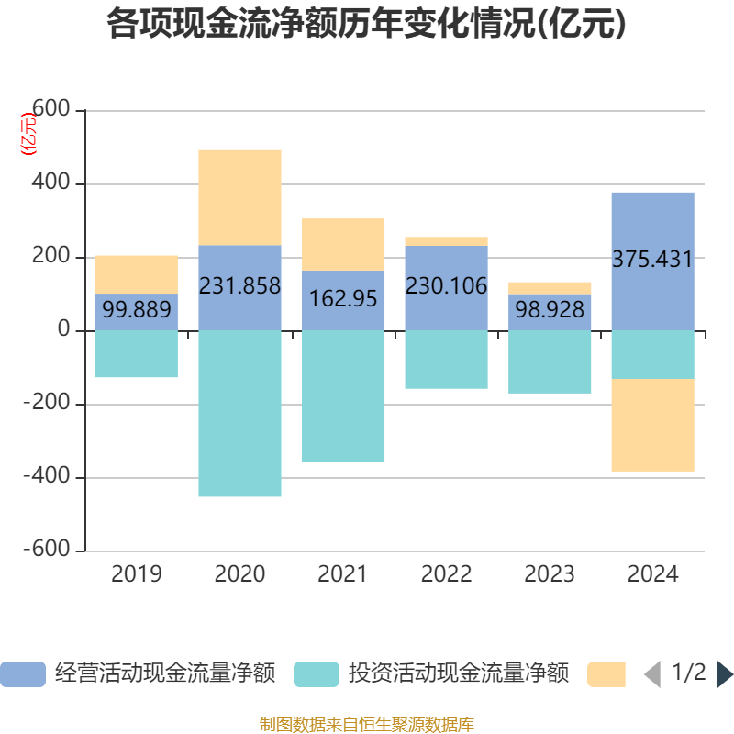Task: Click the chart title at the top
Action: coord(367,25)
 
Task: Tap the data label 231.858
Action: coord(239,285)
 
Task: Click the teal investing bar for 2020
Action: coord(239,413)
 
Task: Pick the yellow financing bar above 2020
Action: coord(239,196)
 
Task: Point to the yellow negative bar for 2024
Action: coord(652,425)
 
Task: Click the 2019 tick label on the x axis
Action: coord(136,574)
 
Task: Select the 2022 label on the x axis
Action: coord(446,574)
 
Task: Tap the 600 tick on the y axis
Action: coord(51,110)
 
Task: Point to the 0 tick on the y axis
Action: coord(64,330)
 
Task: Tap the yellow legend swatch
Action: coord(606,674)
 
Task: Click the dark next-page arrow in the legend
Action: coord(725,674)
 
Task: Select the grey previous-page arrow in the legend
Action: coord(652,674)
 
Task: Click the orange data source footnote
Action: coord(367,725)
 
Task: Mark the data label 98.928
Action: coord(550,310)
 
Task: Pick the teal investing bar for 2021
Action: coord(343,395)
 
